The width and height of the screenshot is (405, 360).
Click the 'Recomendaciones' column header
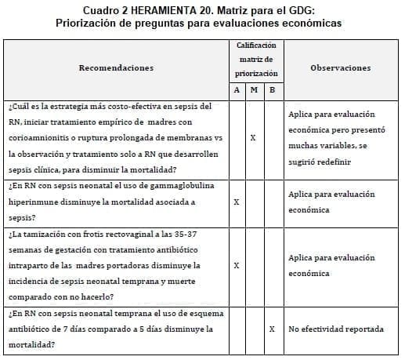pyautogui.click(x=116, y=68)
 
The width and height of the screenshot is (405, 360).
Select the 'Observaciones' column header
pyautogui.click(x=340, y=68)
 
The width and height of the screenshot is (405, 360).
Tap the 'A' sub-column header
pyautogui.click(x=237, y=91)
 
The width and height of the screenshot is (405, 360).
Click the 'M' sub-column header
pyautogui.click(x=255, y=91)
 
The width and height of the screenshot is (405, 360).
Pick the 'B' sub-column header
pyautogui.click(x=272, y=91)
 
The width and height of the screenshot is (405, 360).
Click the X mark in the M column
pyautogui.click(x=254, y=138)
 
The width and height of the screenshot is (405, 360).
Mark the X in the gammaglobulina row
pyautogui.click(x=237, y=202)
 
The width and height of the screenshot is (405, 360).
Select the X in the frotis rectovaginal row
pyautogui.click(x=237, y=265)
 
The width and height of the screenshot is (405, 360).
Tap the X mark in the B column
pyautogui.click(x=272, y=329)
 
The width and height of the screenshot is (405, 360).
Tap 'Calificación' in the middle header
pyautogui.click(x=255, y=45)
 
